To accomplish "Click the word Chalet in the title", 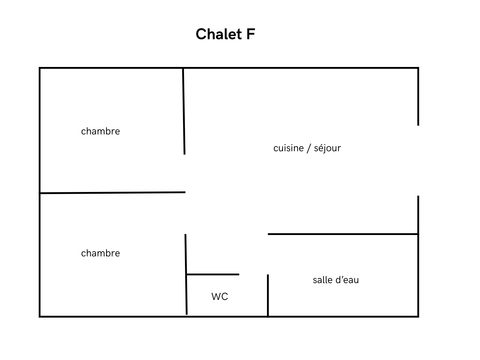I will (x=217, y=35).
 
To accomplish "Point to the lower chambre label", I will (x=100, y=253).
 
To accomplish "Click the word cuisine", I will (x=289, y=148).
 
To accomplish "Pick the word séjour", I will (x=326, y=148).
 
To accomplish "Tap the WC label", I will (x=220, y=297).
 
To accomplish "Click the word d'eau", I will (x=348, y=279).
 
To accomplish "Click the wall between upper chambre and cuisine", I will (x=184, y=110).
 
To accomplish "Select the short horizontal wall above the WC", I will (x=212, y=274).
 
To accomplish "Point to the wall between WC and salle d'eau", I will (x=268, y=295).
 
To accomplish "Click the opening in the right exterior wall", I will (x=417, y=160).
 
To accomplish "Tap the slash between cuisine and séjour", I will (x=307, y=148).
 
